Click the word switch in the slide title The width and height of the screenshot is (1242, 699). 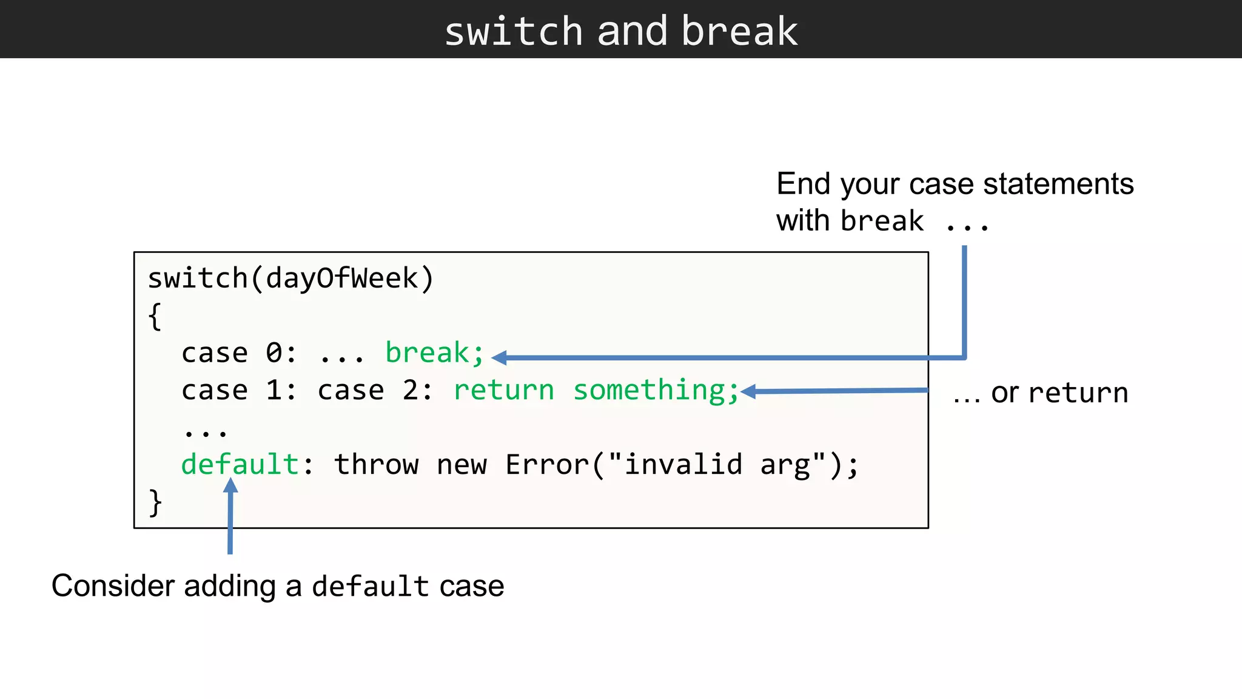click(514, 32)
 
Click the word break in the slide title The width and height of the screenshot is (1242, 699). click(739, 32)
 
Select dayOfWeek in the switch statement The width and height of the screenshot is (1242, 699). click(342, 279)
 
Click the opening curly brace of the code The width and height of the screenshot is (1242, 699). click(155, 316)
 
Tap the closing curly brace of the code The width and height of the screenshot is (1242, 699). click(155, 503)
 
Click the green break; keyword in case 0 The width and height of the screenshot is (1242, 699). click(435, 353)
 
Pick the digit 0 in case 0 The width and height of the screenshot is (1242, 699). click(274, 353)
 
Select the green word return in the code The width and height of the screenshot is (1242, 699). click(503, 390)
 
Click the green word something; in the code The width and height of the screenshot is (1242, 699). click(656, 390)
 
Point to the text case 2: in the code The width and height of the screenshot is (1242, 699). click(375, 390)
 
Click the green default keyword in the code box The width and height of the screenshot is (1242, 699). click(240, 465)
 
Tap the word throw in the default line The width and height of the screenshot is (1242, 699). click(376, 465)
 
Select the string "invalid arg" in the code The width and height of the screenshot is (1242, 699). click(716, 465)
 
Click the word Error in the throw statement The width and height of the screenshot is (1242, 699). click(547, 465)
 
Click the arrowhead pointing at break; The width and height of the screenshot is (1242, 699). click(499, 358)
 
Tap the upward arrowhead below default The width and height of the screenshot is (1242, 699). click(230, 485)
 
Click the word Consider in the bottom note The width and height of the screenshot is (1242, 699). click(113, 586)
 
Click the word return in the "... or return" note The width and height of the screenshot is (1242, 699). click(1078, 393)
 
